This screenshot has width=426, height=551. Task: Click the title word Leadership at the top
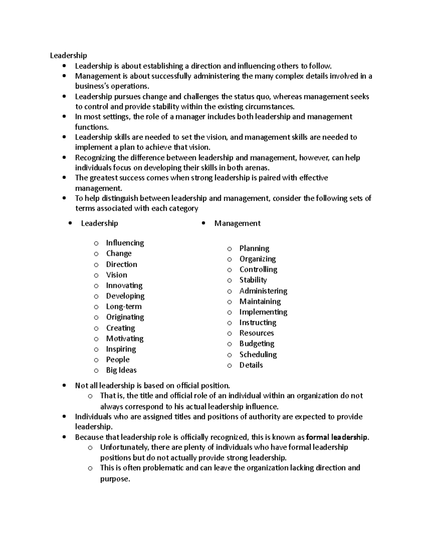pos(68,55)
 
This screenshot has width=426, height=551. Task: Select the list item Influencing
pos(125,243)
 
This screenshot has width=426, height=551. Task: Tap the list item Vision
pos(116,275)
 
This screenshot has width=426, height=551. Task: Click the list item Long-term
pos(124,307)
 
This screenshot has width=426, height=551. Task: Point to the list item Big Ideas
pos(121,370)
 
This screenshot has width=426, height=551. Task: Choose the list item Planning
pos(254,248)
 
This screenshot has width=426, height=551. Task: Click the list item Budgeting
pos(257,343)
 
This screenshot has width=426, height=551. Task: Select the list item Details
pos(251,365)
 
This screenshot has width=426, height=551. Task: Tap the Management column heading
pos(237,224)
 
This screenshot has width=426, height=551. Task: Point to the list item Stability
pos(253,280)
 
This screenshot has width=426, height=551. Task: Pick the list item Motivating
pos(125,338)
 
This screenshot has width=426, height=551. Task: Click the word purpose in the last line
pos(115,479)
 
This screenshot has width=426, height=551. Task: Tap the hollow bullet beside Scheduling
pos(230,355)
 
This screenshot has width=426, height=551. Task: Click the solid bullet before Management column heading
pos(203,223)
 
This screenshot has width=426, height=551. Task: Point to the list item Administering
pos(263,291)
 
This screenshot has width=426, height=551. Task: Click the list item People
pos(118,359)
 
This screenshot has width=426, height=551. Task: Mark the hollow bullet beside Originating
pos(96,318)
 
